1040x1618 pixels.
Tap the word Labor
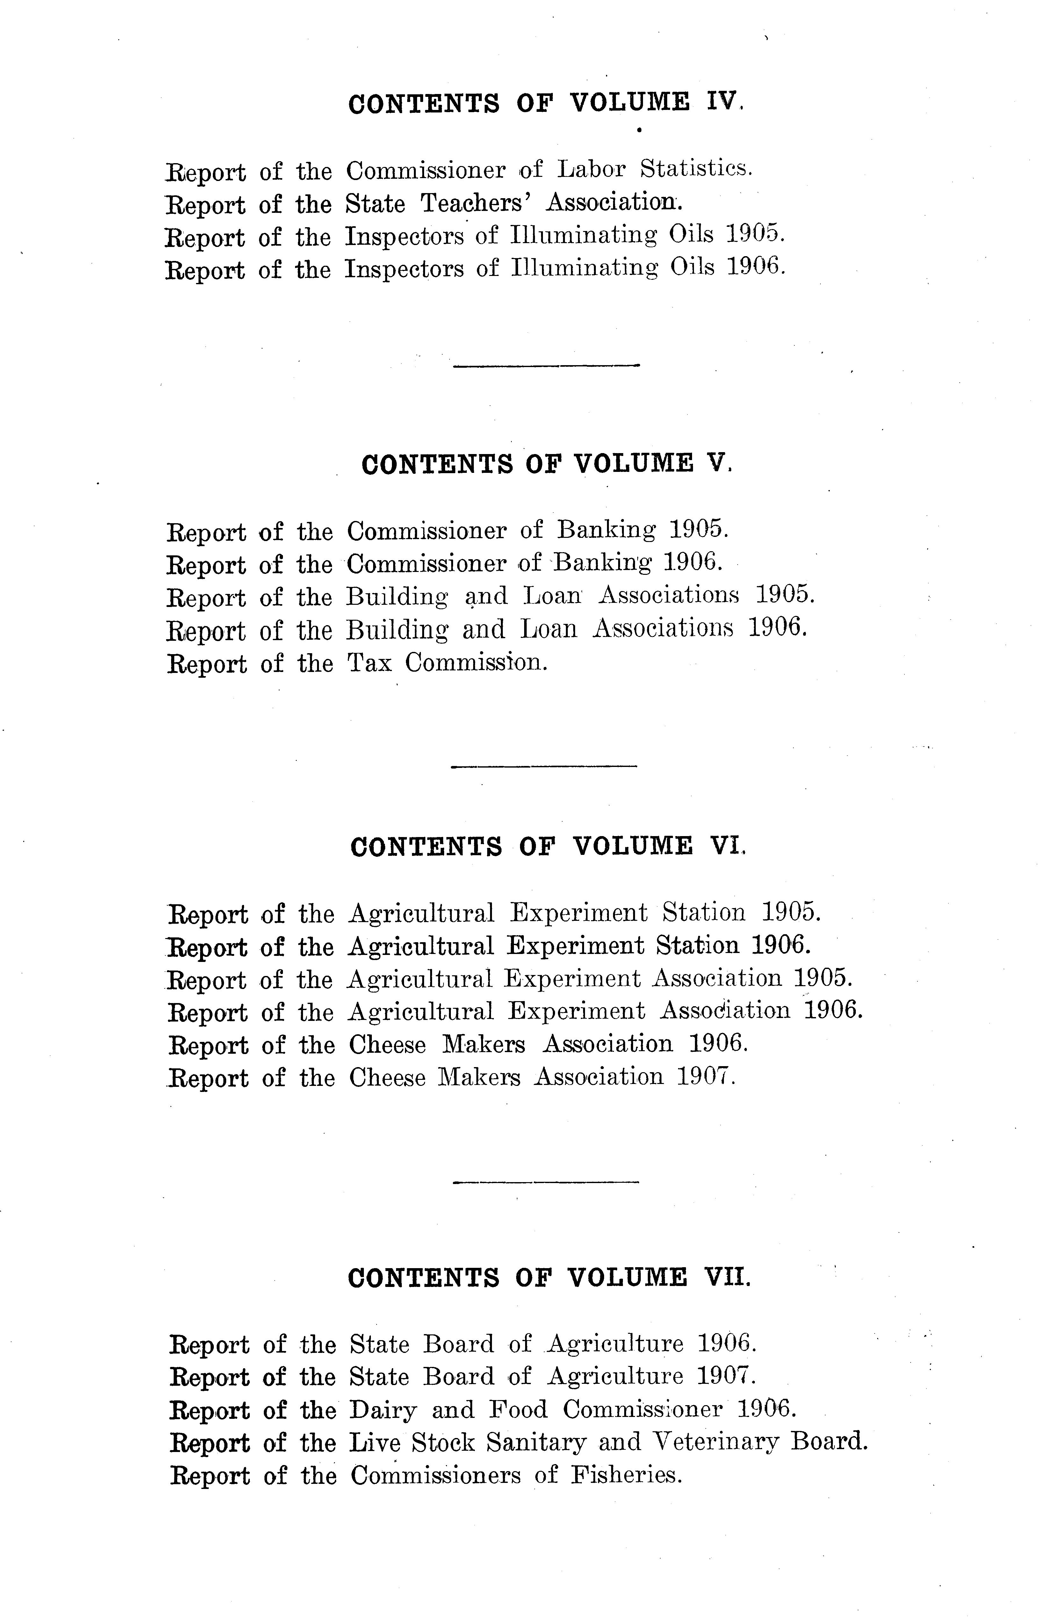(592, 169)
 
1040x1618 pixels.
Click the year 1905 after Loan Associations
(785, 596)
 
